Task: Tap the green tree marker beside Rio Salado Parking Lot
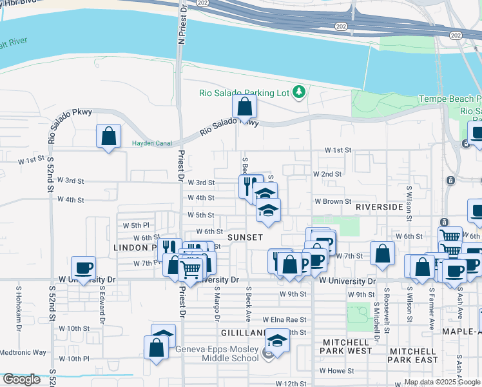click(298, 92)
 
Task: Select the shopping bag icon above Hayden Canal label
click(108, 136)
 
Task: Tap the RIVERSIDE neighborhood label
click(379, 207)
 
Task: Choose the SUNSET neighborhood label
click(245, 237)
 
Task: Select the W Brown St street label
click(333, 202)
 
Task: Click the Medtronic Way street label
click(23, 352)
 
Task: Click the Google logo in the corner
click(21, 379)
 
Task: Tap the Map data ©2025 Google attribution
click(441, 382)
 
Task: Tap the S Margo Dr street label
click(217, 306)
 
